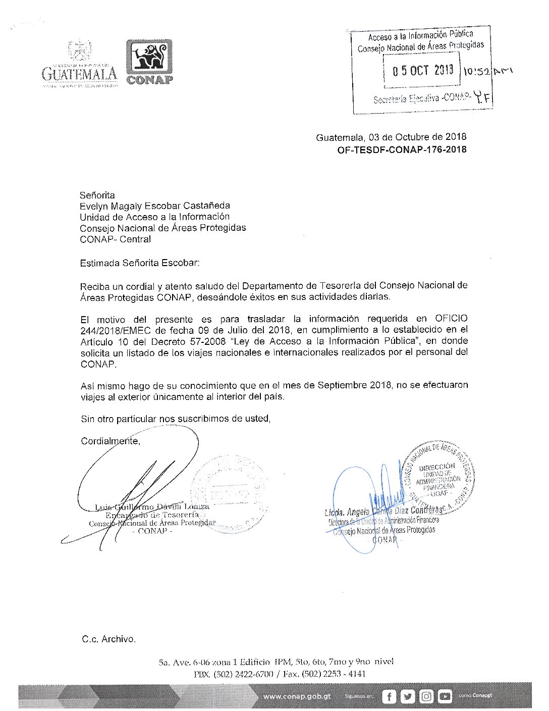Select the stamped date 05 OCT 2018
point(423,71)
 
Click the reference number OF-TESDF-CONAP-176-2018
point(402,149)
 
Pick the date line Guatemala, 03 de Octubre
point(391,137)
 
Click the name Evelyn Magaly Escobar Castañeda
point(155,206)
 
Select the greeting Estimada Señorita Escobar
point(140,263)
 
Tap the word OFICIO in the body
point(451,319)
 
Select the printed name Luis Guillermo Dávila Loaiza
point(152,506)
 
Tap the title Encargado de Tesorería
point(152,515)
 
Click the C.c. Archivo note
point(108,639)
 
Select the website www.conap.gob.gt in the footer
point(297,696)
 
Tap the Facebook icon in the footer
point(389,696)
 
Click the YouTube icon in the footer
point(445,696)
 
